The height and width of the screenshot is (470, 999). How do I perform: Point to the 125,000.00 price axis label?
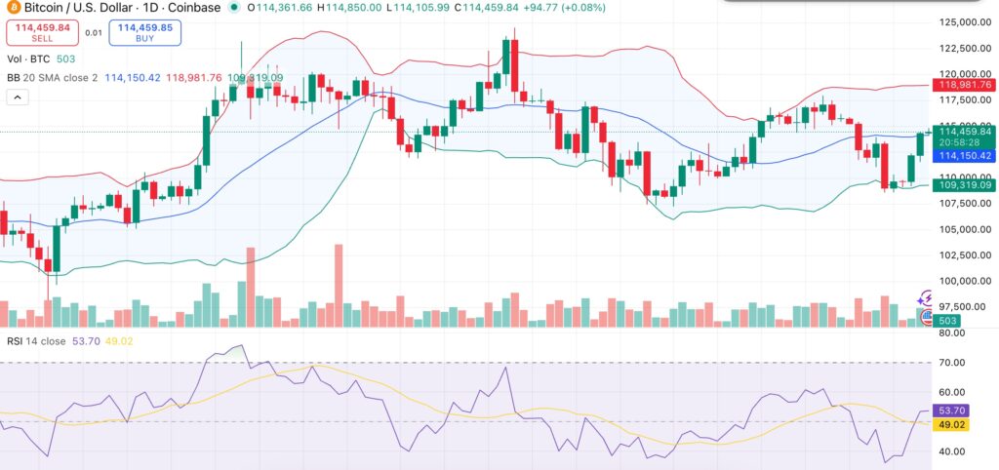[960, 22]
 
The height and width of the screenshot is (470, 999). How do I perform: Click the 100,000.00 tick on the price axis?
[960, 282]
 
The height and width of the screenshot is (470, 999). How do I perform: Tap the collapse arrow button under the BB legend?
[17, 98]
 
